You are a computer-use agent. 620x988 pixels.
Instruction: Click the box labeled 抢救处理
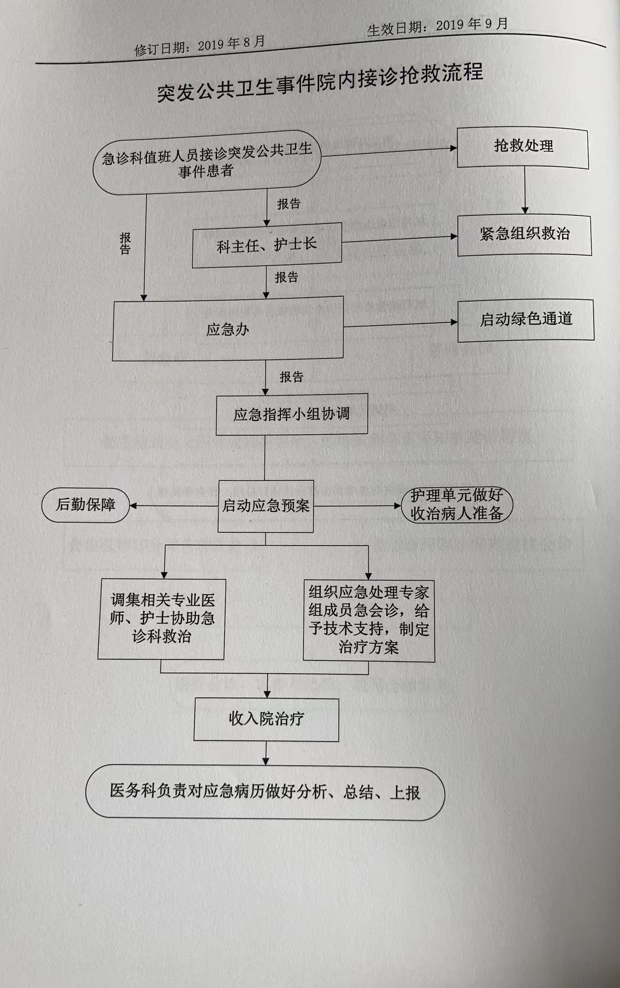522,148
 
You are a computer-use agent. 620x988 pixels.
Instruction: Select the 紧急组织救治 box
524,235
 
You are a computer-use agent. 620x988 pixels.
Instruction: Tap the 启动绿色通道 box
525,320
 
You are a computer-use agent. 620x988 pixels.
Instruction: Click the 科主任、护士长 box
267,245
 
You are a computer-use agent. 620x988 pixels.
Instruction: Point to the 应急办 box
228,329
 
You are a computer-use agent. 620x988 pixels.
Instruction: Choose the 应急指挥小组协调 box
292,414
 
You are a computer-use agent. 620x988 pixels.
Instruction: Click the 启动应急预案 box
266,506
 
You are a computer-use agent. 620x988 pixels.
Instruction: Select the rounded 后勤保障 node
86,505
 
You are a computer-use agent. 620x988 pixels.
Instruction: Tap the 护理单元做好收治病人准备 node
456,504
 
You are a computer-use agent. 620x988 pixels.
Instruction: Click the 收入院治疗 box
266,719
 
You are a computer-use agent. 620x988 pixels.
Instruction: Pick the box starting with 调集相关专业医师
161,619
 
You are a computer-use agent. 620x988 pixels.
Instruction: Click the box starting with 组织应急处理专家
369,620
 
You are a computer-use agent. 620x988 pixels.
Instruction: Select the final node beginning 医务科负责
265,792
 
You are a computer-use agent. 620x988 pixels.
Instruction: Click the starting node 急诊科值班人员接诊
207,163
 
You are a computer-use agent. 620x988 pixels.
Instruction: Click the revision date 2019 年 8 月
231,44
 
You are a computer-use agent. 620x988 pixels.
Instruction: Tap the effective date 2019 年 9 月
472,25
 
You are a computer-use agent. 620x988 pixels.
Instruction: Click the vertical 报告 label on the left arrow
125,243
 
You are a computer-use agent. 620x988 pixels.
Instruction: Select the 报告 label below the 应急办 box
291,377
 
